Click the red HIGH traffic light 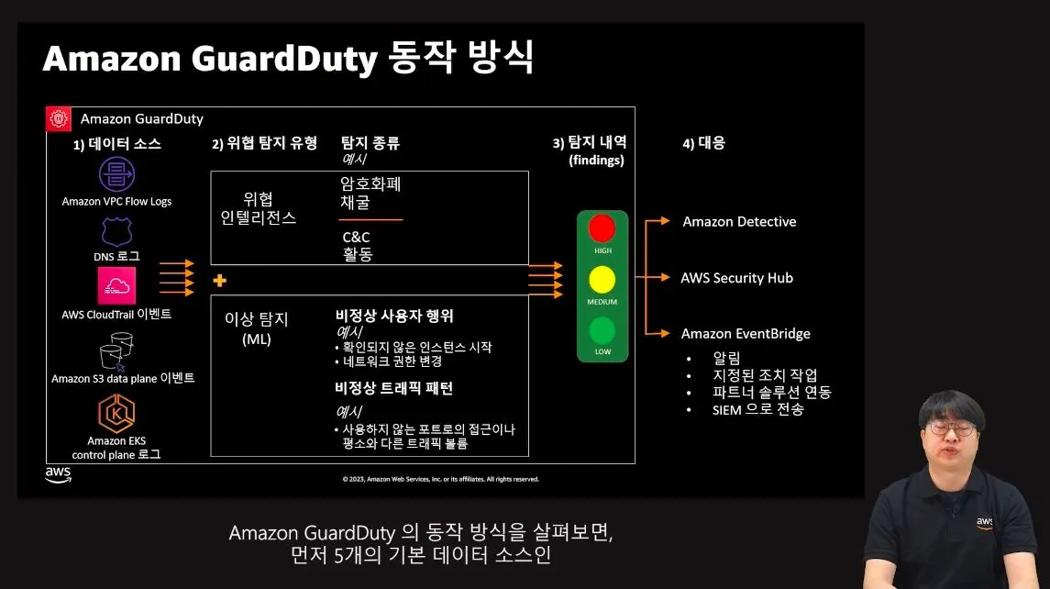click(602, 229)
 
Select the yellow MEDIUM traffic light click(602, 280)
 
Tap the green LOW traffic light click(602, 330)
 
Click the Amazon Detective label click(739, 222)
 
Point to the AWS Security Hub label click(736, 278)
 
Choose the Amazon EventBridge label click(746, 334)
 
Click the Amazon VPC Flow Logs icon click(116, 174)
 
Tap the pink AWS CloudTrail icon click(116, 285)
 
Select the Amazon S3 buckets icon click(116, 350)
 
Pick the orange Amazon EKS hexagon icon click(116, 412)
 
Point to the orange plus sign click(219, 280)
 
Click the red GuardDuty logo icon click(60, 118)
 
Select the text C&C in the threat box click(356, 238)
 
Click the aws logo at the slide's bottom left click(58, 474)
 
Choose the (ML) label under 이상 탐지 click(257, 339)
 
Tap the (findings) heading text click(596, 160)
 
